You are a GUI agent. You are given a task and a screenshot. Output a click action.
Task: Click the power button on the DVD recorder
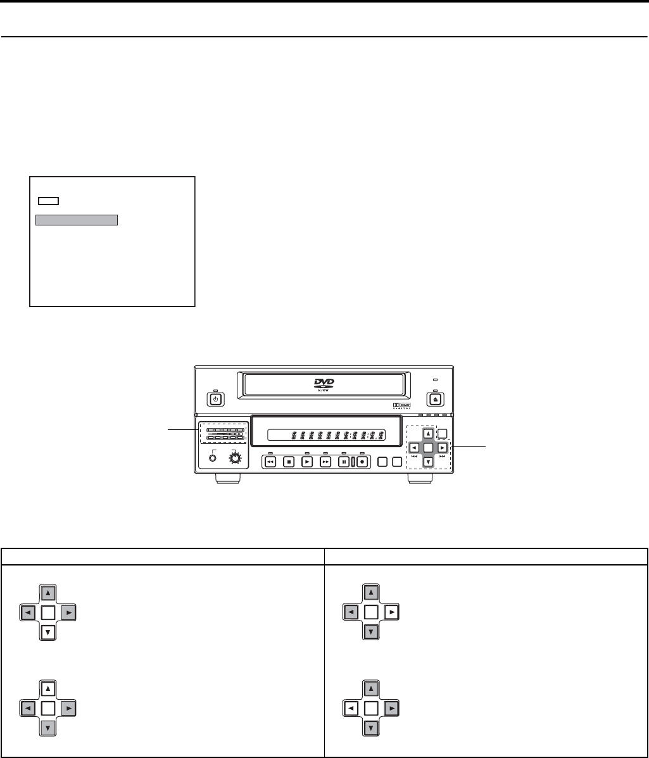click(215, 400)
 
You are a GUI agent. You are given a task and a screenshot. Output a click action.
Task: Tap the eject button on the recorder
click(436, 400)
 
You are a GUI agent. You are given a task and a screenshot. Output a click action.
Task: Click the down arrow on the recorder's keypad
click(429, 462)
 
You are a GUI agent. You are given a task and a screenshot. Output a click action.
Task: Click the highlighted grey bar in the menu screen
click(77, 220)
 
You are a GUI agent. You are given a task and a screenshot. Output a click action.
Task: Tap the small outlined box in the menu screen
click(48, 201)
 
